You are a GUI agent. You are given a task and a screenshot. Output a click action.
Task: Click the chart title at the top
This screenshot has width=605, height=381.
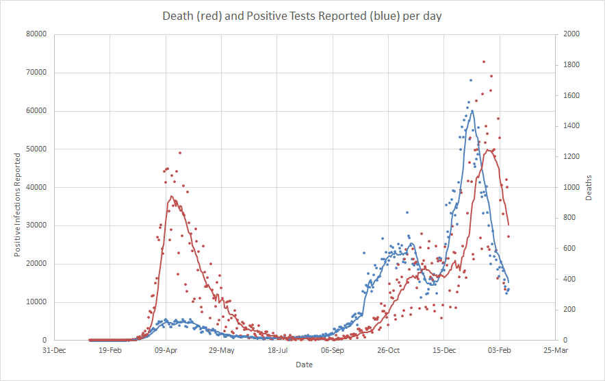(302, 16)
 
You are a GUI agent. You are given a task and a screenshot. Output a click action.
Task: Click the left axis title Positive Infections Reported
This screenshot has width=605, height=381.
(17, 205)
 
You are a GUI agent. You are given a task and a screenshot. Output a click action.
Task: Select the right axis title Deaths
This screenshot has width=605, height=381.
(589, 187)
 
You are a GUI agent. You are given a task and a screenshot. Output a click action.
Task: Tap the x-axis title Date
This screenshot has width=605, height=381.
(304, 365)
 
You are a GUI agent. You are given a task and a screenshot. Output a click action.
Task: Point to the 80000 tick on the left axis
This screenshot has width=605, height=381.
(36, 34)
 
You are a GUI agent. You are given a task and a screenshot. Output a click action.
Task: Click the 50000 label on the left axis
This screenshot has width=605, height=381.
(36, 149)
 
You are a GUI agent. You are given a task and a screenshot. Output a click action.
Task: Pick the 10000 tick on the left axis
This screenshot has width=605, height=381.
(36, 302)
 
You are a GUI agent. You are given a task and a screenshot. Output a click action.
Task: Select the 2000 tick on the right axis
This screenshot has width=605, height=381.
(571, 34)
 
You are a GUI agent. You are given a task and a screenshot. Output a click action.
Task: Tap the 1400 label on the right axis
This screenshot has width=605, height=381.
(571, 126)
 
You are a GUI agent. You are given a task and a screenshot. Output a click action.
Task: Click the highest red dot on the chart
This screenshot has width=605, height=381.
(484, 62)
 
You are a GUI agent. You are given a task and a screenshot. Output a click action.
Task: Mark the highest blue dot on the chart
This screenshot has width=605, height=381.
(471, 80)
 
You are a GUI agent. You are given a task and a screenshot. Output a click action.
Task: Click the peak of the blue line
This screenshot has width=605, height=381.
(472, 110)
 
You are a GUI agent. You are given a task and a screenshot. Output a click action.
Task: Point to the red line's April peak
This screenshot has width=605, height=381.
(172, 197)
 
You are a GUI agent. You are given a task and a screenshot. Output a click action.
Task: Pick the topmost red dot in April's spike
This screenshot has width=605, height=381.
(180, 153)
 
